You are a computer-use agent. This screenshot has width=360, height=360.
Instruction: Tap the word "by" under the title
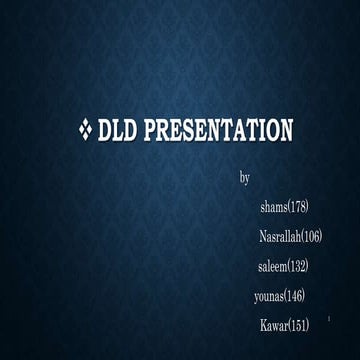(244, 178)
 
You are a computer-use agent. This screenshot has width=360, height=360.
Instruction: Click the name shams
(272, 207)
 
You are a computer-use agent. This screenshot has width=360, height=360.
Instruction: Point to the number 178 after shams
(297, 207)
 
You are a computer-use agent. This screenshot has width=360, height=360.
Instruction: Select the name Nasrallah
(280, 237)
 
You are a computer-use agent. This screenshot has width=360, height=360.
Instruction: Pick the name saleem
(272, 266)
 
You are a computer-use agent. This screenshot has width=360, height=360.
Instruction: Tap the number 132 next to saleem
(298, 266)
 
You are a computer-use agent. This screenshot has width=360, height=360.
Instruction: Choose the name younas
(270, 296)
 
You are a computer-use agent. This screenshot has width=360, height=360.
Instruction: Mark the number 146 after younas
(295, 296)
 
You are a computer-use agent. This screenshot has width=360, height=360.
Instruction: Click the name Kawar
(274, 326)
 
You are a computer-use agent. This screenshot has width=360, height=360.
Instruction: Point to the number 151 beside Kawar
(299, 326)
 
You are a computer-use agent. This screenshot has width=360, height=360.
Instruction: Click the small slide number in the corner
(342, 320)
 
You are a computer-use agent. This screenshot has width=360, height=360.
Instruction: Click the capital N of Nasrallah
(263, 237)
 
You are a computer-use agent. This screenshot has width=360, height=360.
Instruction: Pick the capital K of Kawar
(263, 326)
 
